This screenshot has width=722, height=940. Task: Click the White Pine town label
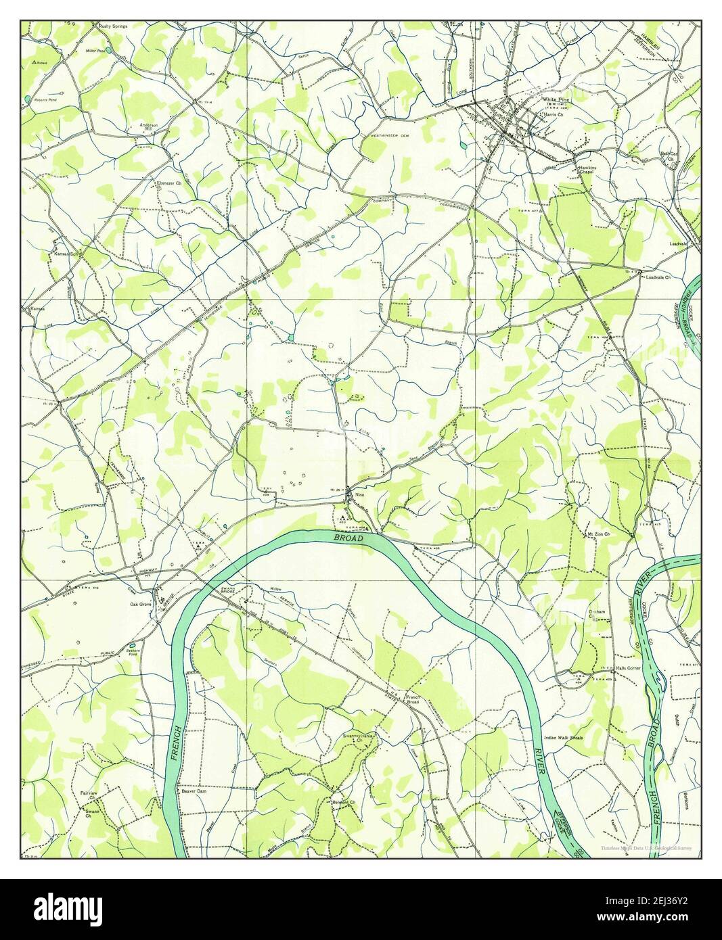pos(554,99)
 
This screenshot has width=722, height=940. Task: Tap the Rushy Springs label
pos(112,26)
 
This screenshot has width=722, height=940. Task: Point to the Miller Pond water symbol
pos(109,49)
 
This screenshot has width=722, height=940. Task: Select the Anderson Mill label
pos(149,127)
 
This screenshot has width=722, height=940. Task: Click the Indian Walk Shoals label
pos(563,738)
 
